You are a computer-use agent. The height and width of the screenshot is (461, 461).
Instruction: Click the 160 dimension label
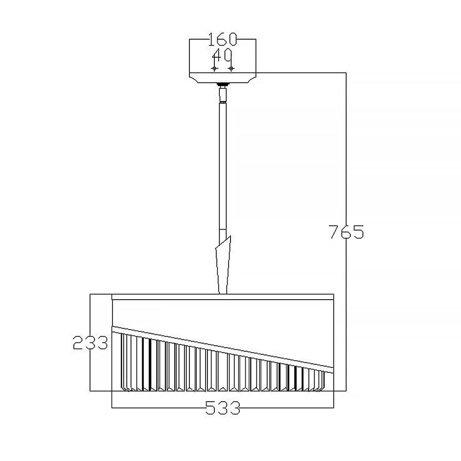(x=222, y=39)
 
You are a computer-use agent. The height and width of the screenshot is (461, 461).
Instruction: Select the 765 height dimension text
(x=346, y=232)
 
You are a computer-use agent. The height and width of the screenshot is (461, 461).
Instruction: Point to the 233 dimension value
(x=90, y=343)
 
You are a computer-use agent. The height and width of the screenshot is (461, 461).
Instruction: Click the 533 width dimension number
(x=223, y=408)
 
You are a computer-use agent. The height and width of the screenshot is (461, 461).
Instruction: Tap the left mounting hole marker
(x=215, y=69)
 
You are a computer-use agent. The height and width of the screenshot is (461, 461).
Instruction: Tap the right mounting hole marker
(x=231, y=69)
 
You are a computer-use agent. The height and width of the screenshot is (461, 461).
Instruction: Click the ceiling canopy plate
(x=223, y=77)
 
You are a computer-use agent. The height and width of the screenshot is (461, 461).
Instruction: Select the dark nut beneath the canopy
(x=223, y=85)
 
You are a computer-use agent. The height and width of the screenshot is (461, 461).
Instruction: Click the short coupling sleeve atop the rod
(x=223, y=95)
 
